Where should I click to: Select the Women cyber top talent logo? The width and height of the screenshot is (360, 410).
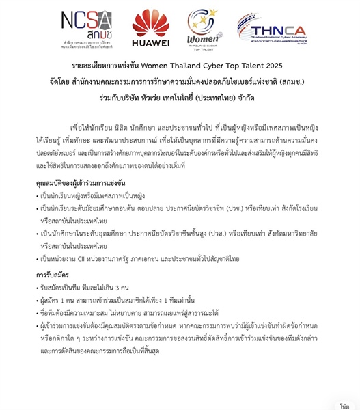(x=202, y=31)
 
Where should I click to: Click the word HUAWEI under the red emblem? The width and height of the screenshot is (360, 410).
(x=150, y=43)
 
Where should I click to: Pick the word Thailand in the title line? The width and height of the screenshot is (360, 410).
(x=176, y=66)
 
